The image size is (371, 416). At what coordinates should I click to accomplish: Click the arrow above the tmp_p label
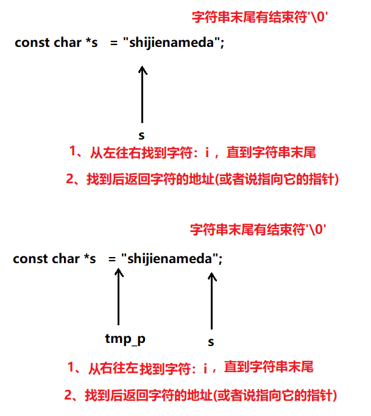point(119,297)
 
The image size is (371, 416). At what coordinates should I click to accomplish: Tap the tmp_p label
point(125,339)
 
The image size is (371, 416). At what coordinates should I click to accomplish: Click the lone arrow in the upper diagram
point(143,94)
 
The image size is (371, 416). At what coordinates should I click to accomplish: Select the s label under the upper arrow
point(141,136)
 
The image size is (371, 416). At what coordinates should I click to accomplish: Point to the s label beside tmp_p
point(211,342)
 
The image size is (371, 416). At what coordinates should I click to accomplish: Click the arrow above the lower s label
point(212,301)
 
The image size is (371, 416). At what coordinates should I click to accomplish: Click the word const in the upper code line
point(32,43)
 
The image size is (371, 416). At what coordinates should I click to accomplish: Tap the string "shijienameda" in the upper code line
point(171,43)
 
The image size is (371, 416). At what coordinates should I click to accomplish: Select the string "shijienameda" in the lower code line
point(169,259)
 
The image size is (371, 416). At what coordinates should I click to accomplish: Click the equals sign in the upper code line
point(114,43)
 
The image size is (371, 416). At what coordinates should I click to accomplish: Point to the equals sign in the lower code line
point(112,259)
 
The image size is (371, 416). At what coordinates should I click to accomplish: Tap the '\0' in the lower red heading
point(316,230)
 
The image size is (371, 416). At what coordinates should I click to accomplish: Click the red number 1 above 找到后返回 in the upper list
point(72,151)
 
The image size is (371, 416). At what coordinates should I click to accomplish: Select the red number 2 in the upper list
point(70,179)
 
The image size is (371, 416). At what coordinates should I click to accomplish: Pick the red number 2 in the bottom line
point(68,395)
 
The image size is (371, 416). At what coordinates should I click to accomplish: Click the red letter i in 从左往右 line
point(207,152)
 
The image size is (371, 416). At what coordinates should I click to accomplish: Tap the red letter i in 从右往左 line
point(205,368)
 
